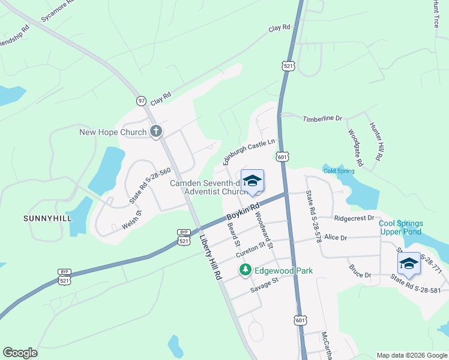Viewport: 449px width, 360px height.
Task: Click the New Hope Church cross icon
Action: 155,131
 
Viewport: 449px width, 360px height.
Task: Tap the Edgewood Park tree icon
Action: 245,271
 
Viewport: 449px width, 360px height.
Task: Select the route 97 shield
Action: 141,101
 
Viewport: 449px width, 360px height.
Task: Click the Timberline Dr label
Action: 322,119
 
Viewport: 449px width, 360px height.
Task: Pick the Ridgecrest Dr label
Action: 354,218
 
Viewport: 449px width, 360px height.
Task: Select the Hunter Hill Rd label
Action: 376,141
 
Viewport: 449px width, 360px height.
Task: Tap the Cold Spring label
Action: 339,171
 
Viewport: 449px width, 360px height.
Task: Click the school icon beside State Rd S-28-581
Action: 409,264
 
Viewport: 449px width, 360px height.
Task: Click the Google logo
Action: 20,353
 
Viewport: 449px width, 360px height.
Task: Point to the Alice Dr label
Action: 336,238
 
